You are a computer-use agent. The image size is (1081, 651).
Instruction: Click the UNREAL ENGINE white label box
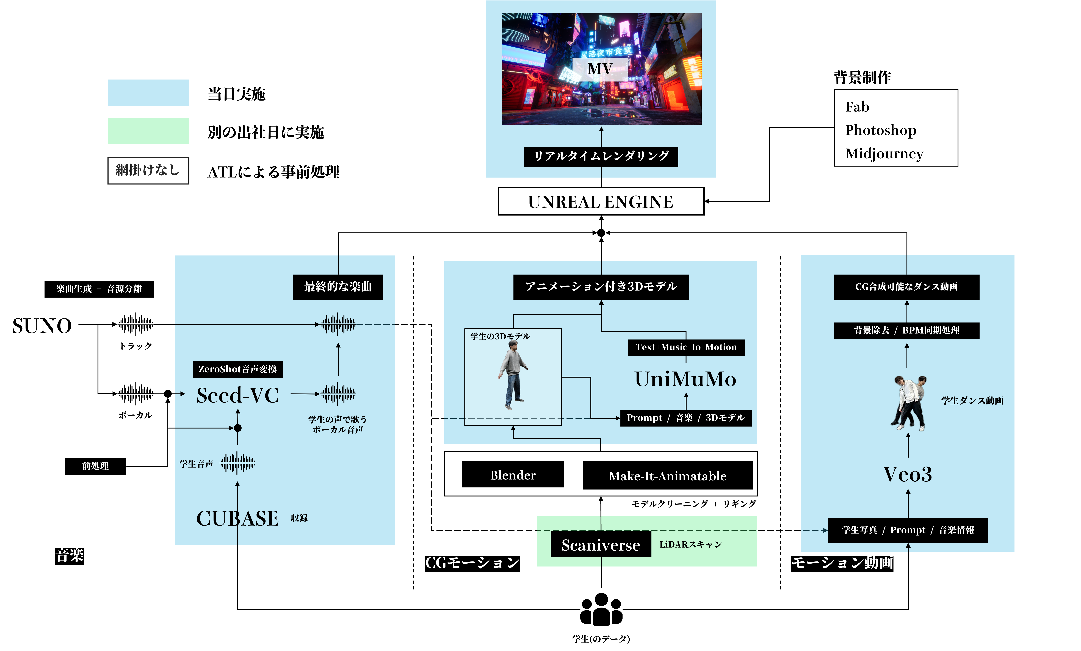point(601,201)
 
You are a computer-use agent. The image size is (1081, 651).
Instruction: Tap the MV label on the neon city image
point(600,69)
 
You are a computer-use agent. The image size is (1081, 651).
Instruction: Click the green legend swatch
point(148,131)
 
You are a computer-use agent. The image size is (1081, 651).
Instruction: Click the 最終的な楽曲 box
point(338,287)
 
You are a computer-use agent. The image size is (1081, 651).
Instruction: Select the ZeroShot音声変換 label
point(237,369)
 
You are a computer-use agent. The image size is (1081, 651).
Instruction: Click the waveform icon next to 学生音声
point(237,463)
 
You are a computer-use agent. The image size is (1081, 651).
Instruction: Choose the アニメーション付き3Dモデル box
point(601,287)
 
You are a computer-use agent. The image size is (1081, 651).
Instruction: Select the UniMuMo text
point(685,379)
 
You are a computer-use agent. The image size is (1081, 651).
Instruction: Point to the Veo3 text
point(907,474)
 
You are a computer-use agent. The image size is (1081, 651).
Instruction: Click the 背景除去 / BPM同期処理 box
point(906,330)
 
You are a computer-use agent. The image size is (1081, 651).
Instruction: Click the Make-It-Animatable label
point(667,476)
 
